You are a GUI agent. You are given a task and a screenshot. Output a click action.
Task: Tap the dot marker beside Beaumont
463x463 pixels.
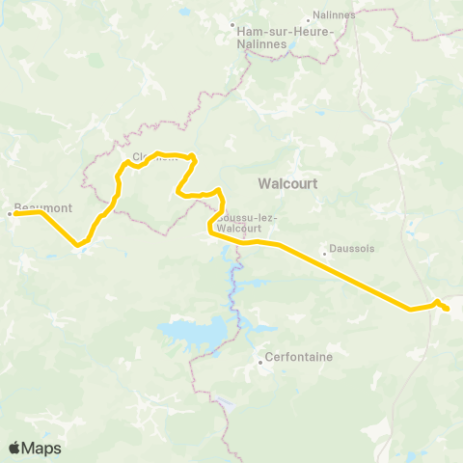point(10,213)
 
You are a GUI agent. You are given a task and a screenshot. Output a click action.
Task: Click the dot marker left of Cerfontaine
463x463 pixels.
point(260,364)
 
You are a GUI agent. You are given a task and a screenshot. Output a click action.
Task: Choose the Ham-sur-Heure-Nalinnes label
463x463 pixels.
point(285,36)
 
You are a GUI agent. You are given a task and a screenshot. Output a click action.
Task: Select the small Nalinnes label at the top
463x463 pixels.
point(333,14)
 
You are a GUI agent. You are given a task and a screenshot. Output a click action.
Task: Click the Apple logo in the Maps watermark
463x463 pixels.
point(14,448)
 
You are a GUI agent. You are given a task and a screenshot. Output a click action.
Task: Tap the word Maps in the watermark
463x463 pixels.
point(42,448)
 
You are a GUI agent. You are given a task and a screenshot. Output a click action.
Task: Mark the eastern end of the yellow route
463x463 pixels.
point(449,310)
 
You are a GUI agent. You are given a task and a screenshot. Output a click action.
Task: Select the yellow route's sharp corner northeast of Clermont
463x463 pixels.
point(195,156)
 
